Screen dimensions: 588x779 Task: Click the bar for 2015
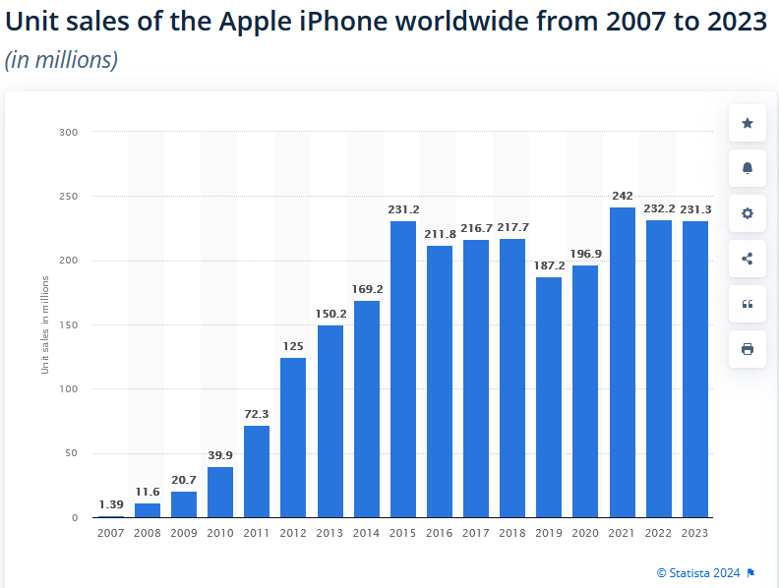click(x=403, y=369)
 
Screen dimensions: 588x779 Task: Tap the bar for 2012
click(x=293, y=438)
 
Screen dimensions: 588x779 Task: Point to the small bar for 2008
click(x=147, y=510)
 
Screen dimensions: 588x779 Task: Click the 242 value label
click(x=623, y=196)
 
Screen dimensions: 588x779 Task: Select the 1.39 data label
click(x=110, y=504)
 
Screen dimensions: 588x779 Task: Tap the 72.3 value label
click(x=257, y=414)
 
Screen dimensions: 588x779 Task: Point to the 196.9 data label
click(x=586, y=254)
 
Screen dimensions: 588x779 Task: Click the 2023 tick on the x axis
click(x=695, y=532)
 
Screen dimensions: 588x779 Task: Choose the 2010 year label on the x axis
click(x=220, y=532)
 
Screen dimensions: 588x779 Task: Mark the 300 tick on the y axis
click(x=69, y=132)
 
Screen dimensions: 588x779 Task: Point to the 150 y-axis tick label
click(x=69, y=324)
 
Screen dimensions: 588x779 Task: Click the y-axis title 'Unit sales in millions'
click(x=45, y=324)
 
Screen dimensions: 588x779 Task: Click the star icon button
click(x=748, y=123)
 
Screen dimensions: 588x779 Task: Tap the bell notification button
click(x=748, y=168)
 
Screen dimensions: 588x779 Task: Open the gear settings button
click(x=748, y=213)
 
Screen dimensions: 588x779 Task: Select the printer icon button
click(x=748, y=349)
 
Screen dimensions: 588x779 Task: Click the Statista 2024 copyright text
click(x=700, y=572)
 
